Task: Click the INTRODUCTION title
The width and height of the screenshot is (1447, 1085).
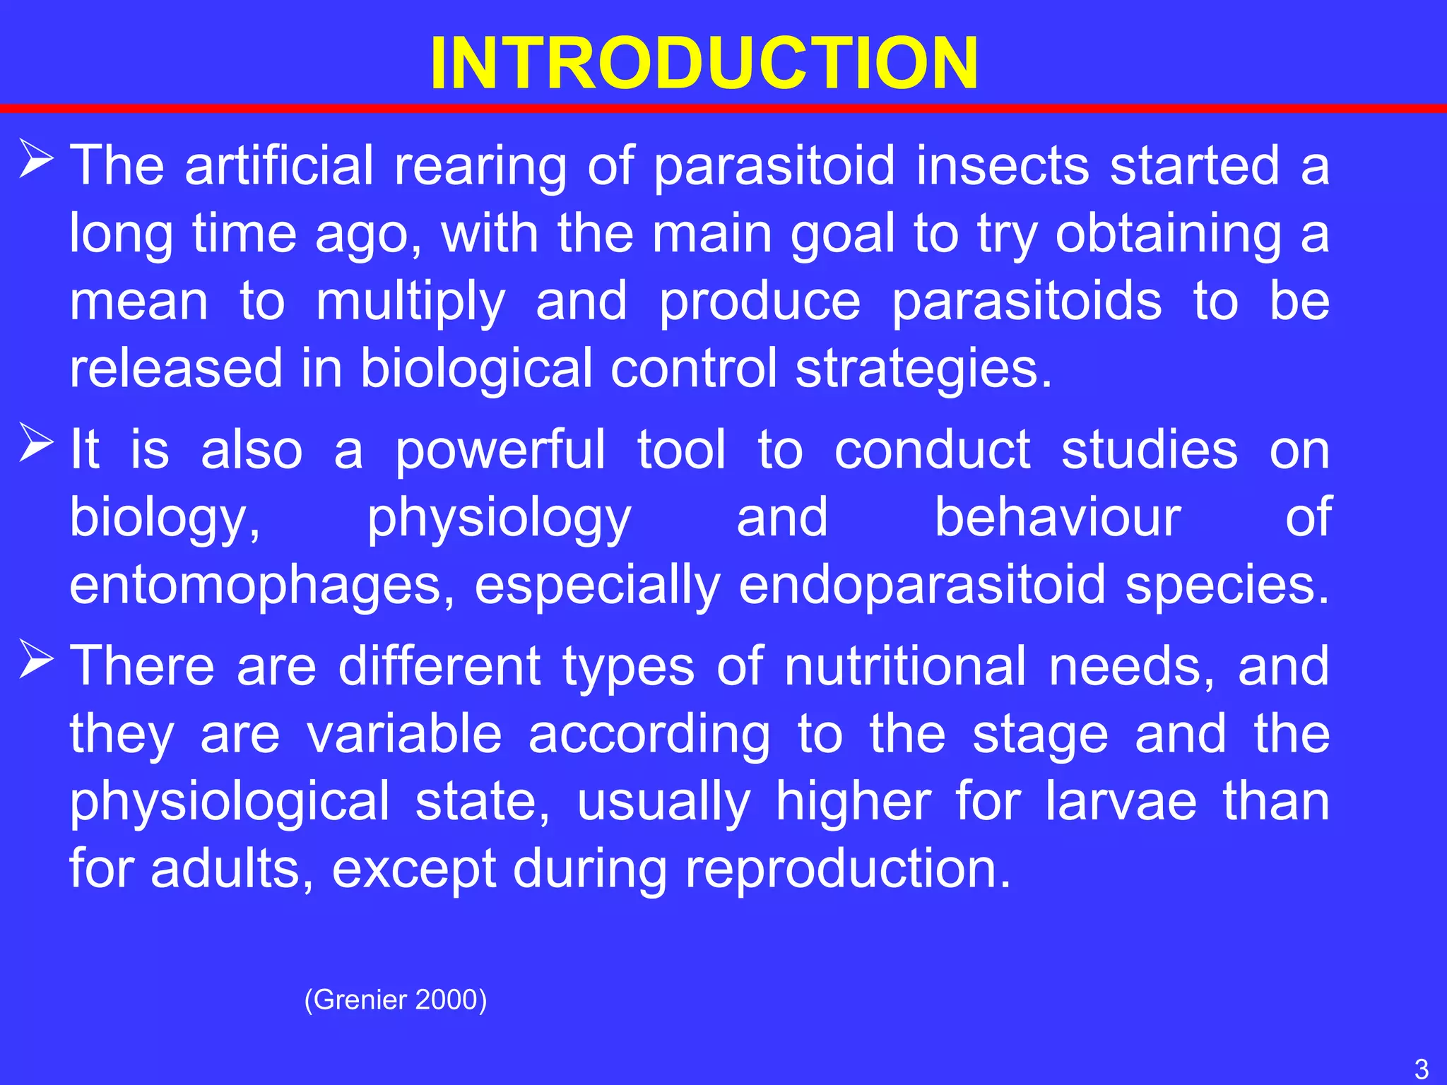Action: coord(704,64)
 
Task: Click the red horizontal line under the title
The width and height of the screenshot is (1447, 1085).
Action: coord(723,109)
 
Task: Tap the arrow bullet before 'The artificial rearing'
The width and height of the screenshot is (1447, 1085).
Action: coord(37,160)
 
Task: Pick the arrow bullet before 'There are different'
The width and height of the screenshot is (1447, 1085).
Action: coord(37,660)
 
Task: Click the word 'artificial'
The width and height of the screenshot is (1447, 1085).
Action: coord(278,165)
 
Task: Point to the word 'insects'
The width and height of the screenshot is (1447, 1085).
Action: coord(1003,165)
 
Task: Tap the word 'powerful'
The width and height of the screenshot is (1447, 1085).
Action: coord(500,451)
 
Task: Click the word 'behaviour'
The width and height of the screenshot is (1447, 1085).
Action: coord(1057,517)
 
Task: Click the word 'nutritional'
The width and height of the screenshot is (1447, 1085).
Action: coord(905,667)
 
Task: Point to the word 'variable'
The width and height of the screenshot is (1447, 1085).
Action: coord(404,735)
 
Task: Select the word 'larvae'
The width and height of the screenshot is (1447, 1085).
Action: coord(1121,802)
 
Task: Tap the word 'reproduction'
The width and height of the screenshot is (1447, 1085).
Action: coord(849,869)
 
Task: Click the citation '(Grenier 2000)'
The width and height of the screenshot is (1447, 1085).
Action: coord(396,1000)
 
